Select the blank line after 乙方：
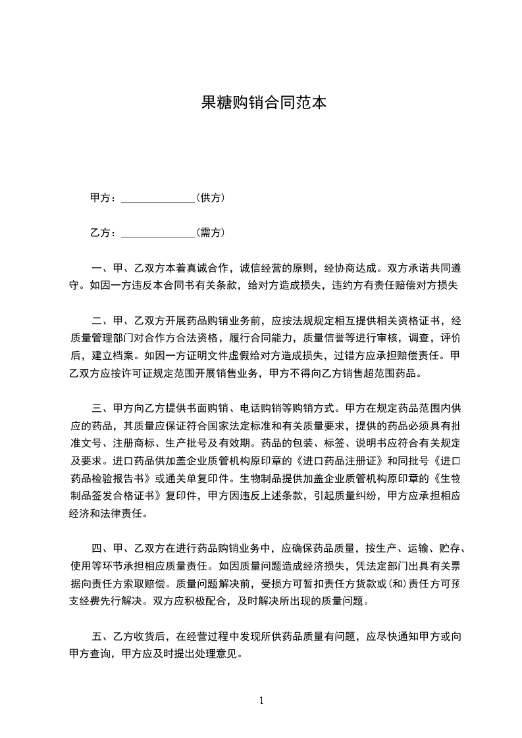pos(158,232)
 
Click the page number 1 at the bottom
pos(261,700)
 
